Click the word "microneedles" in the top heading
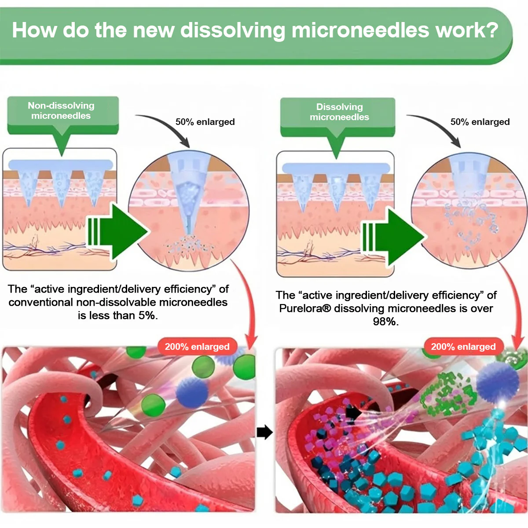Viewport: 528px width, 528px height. [x=360, y=31]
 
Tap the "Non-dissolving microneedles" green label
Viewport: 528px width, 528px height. [x=61, y=111]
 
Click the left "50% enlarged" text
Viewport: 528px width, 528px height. [x=205, y=122]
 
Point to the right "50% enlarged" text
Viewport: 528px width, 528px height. [x=480, y=122]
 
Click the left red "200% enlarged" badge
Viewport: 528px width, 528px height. [x=197, y=347]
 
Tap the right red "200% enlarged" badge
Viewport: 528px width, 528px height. [x=463, y=347]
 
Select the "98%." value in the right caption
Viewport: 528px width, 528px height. [x=386, y=322]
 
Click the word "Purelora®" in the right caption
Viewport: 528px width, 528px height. [x=305, y=308]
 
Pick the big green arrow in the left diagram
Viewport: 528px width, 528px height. [x=119, y=231]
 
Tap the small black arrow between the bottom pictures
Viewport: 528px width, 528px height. [x=264, y=432]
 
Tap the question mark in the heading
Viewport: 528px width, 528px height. [x=492, y=31]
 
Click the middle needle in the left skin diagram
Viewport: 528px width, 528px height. [x=61, y=187]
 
